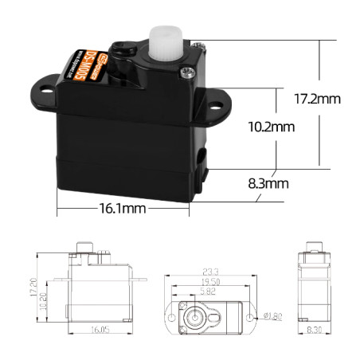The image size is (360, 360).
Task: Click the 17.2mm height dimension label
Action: tap(318, 100)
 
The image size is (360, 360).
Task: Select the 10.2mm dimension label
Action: tap(272, 127)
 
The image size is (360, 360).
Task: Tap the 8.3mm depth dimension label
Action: tap(267, 183)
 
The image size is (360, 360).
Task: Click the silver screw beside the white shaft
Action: tap(186, 72)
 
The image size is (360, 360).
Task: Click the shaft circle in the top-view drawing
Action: tap(194, 316)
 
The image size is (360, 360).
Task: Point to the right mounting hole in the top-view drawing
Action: tap(251, 316)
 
